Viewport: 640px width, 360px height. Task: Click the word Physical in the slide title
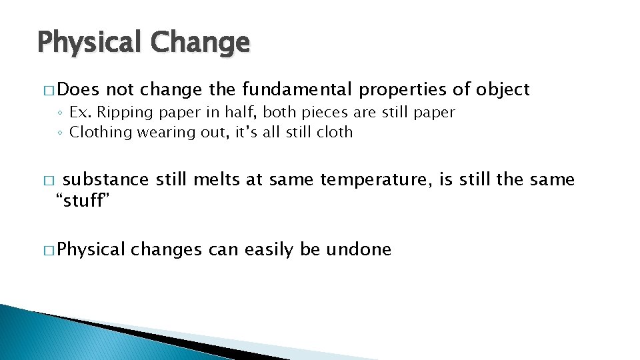coord(89,43)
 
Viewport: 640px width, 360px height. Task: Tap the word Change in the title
coord(200,43)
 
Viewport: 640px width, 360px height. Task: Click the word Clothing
coord(101,132)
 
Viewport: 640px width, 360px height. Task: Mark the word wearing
coord(164,132)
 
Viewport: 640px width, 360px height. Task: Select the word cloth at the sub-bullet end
coord(335,132)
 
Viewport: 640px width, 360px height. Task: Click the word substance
coord(106,179)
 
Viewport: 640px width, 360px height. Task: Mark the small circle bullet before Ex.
coord(60,113)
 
